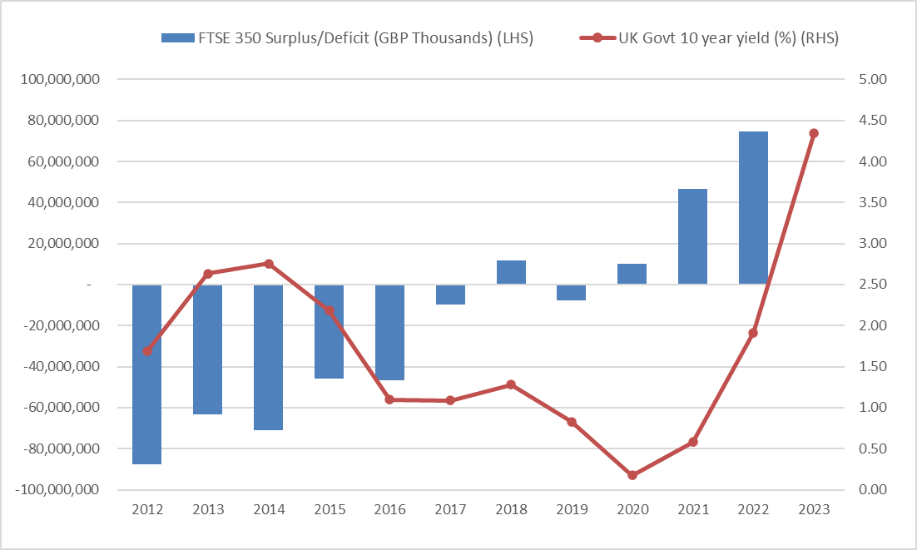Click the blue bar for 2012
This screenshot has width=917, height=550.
(146, 374)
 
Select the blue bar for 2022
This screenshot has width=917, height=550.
(754, 208)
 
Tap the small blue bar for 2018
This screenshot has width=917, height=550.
(511, 273)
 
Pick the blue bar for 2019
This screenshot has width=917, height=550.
(572, 292)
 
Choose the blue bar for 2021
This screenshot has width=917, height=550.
(693, 237)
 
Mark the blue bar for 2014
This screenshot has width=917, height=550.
(268, 358)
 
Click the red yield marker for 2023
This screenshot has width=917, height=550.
(814, 133)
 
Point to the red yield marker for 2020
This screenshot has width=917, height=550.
(632, 475)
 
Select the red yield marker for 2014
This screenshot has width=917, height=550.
(269, 264)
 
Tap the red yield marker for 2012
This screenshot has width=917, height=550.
(147, 351)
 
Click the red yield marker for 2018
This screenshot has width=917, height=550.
(511, 384)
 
